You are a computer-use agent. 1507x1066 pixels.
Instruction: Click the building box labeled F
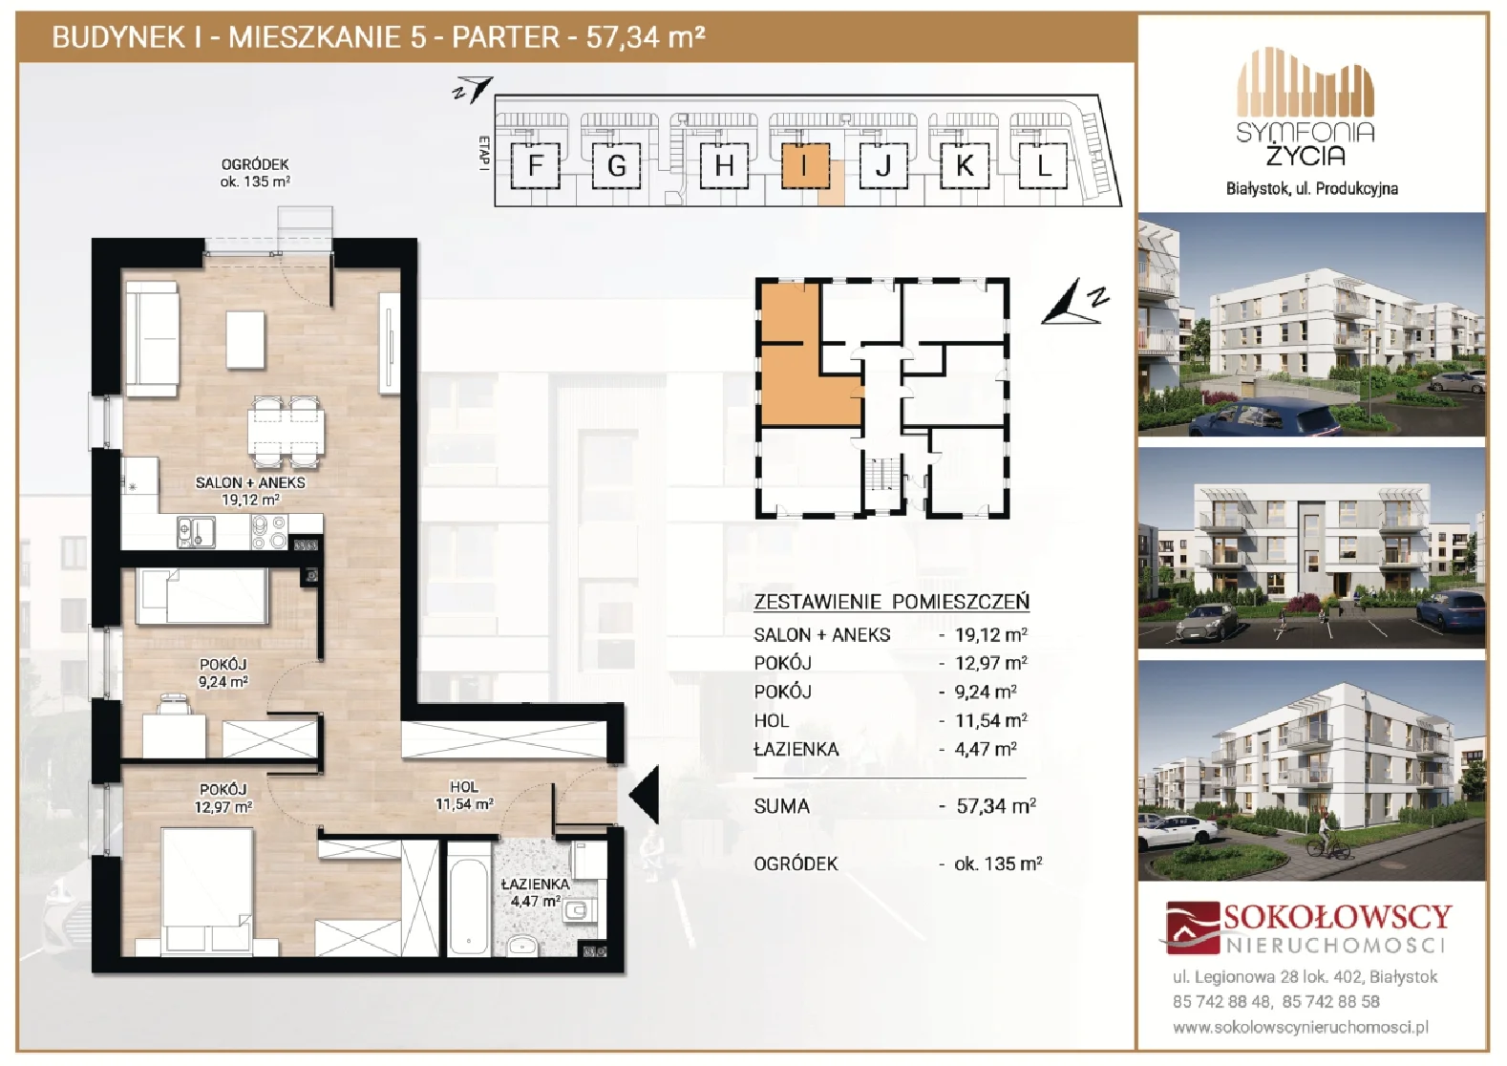536,165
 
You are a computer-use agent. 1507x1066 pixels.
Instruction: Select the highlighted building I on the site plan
805,165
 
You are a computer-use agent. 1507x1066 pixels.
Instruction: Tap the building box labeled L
1043,165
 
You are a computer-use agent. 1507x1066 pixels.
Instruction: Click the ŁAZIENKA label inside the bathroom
536,885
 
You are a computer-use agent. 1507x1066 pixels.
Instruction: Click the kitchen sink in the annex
197,532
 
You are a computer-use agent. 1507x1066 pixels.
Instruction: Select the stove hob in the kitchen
269,532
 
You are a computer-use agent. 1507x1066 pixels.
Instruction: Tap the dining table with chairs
286,432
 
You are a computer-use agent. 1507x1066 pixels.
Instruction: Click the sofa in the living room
152,339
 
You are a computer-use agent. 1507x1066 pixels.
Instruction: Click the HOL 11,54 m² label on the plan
464,795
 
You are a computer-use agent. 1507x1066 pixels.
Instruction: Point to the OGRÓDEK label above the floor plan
255,164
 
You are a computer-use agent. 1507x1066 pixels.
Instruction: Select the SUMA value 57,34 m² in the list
996,805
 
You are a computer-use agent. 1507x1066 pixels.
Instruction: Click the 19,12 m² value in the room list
991,634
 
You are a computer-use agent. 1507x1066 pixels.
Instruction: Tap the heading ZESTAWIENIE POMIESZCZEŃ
891,601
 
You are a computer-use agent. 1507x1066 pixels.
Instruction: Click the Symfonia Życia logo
1305,108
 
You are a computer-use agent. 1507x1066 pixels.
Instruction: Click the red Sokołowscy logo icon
1192,928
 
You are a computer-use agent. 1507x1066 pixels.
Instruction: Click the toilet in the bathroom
580,911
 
